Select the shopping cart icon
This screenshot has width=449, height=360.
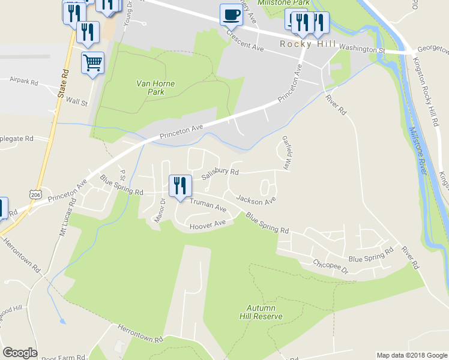coord(92,62)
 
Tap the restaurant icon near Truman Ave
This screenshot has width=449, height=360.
coord(180,186)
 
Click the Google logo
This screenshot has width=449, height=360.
coord(20,353)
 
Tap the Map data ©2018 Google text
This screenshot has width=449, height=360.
coord(411,355)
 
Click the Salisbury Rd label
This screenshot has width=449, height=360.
coord(220,174)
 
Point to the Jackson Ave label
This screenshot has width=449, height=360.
coord(256,199)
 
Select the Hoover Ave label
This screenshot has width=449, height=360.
coord(207,226)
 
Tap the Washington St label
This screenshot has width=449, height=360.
coord(361,49)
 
